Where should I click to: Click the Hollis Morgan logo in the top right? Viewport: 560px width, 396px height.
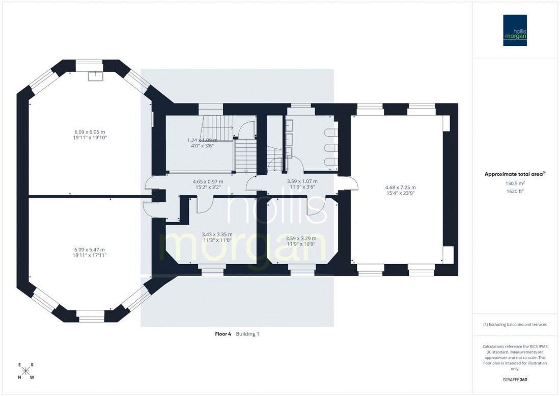pyautogui.click(x=515, y=30)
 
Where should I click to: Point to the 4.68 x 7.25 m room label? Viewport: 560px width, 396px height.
pyautogui.click(x=400, y=190)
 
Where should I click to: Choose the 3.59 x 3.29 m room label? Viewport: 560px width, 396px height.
pyautogui.click(x=301, y=241)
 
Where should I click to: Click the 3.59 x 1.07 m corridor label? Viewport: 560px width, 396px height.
pyautogui.click(x=301, y=183)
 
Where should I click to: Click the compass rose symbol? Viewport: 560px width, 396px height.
pyautogui.click(x=26, y=371)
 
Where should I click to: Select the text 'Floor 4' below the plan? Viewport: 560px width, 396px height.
pyautogui.click(x=223, y=334)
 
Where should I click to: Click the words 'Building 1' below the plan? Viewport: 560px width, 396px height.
pyautogui.click(x=248, y=334)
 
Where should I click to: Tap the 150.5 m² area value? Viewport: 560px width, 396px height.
pyautogui.click(x=515, y=183)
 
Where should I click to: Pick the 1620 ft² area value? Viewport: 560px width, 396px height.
pyautogui.click(x=515, y=192)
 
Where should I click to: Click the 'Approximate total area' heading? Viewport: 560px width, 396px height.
pyautogui.click(x=515, y=174)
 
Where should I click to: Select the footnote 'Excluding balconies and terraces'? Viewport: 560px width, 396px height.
pyautogui.click(x=515, y=324)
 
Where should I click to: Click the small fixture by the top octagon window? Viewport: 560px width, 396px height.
pyautogui.click(x=95, y=76)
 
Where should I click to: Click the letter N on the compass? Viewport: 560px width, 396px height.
pyautogui.click(x=19, y=378)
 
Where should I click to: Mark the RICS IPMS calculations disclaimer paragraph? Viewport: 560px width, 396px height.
pyautogui.click(x=515, y=357)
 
